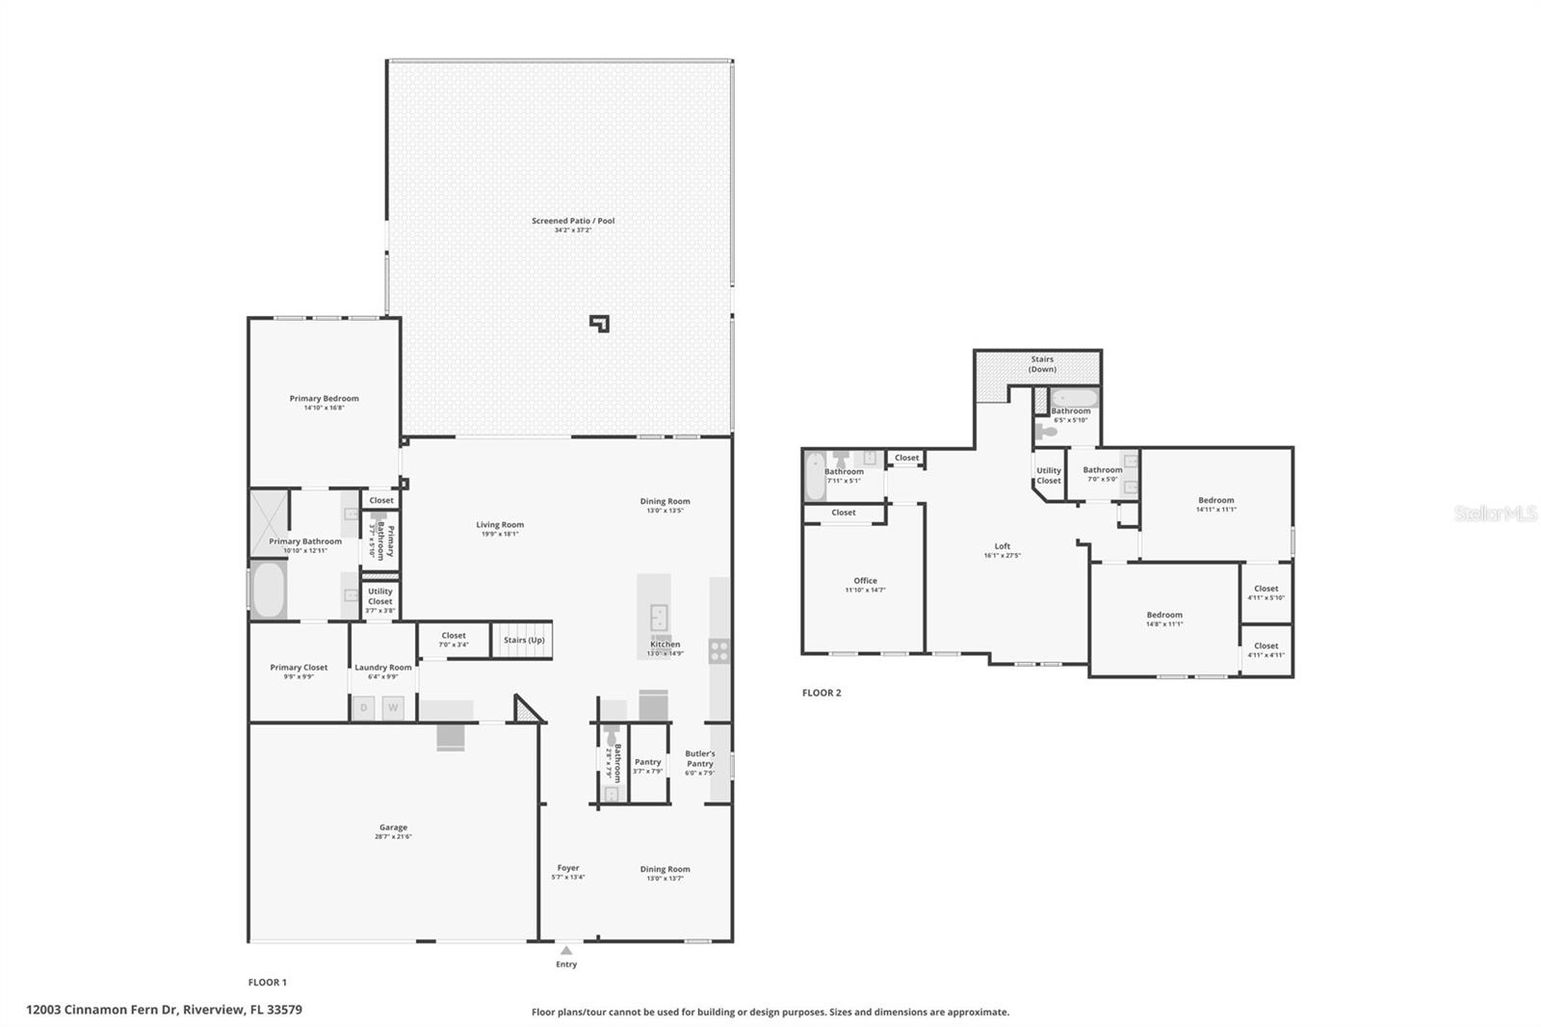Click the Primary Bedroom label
324,399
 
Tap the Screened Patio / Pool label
572,222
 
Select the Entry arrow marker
566,951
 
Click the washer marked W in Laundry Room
393,708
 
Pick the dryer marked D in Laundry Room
364,708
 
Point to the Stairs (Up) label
524,641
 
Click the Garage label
393,828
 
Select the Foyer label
568,868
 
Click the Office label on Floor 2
865,581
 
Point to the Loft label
1003,546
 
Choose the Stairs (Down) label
1042,364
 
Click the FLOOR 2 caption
822,693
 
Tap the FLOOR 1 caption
268,983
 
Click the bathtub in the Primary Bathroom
269,590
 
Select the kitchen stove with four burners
718,651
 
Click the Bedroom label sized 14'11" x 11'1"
1215,500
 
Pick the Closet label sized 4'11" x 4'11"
1266,646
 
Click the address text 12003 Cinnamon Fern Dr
164,1010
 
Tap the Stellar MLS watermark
1495,514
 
